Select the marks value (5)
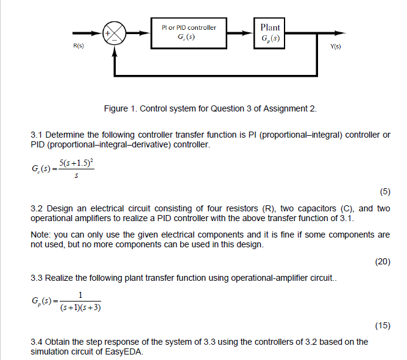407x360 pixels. click(x=384, y=192)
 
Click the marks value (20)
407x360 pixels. click(x=382, y=262)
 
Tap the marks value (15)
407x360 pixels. click(x=382, y=325)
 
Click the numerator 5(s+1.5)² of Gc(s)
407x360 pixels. click(x=76, y=162)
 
